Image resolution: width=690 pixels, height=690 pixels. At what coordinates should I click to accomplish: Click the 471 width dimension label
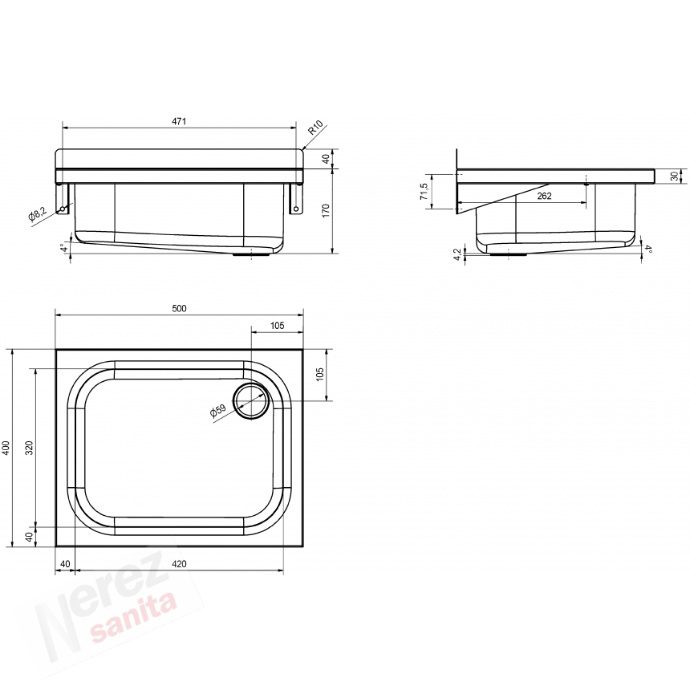[179, 121]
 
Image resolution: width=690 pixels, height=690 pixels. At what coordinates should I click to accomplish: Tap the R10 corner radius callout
[315, 128]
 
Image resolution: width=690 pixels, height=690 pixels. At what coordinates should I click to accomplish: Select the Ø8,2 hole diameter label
[37, 214]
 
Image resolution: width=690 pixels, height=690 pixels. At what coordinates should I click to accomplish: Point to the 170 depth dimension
[326, 210]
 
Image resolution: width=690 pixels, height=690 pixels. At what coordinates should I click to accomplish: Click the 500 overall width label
[179, 308]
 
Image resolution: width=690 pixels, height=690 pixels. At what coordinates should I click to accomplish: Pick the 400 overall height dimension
[6, 448]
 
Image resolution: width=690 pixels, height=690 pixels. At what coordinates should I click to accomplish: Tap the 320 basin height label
[29, 448]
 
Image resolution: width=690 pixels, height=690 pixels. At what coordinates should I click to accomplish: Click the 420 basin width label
[179, 564]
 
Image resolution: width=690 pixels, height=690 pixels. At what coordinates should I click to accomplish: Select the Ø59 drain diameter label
[217, 410]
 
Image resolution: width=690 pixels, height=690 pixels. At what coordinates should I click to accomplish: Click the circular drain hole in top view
[251, 400]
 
